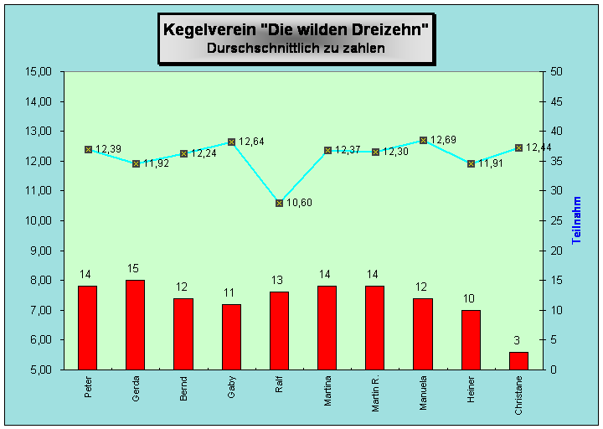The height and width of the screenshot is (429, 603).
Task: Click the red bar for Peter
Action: [87, 327]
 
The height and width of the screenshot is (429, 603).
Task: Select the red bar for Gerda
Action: [135, 324]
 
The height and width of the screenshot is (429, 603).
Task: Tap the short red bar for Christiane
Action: [518, 360]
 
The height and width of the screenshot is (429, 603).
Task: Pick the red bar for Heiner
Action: [471, 339]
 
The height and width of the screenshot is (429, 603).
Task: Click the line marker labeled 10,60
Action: [279, 203]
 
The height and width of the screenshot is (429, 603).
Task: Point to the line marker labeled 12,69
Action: [423, 140]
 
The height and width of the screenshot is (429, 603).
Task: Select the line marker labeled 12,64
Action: [231, 142]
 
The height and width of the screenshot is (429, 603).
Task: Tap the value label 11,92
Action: [155, 164]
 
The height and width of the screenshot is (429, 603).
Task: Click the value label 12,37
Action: [348, 150]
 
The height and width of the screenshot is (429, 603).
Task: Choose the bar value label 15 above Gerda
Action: [133, 269]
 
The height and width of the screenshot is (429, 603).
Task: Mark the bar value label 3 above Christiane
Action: [517, 340]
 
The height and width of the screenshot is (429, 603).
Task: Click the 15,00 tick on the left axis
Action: [40, 71]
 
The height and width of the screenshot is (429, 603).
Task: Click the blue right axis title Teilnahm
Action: [577, 220]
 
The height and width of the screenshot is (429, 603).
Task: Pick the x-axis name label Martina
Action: [327, 393]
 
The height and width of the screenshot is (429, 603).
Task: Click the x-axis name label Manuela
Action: [423, 394]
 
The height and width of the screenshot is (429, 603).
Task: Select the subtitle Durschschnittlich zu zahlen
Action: [296, 49]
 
